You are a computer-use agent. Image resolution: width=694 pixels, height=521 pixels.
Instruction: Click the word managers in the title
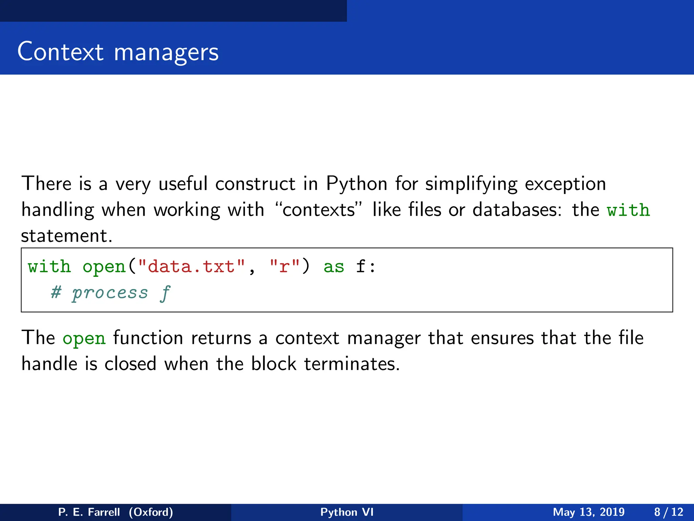click(x=166, y=53)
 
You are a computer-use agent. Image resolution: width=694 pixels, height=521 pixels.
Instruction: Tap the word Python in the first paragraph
click(x=356, y=184)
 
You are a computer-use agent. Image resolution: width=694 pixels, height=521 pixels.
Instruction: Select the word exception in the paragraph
click(x=565, y=184)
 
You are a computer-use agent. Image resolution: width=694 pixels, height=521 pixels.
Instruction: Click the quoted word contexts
click(x=319, y=210)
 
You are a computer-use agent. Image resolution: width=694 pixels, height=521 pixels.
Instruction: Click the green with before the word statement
click(x=628, y=210)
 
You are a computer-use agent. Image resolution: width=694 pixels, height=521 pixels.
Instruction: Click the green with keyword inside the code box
click(x=49, y=266)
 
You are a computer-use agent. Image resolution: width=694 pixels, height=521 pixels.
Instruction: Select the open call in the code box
click(x=104, y=267)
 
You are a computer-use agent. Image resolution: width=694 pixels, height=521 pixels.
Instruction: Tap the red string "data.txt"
click(x=191, y=266)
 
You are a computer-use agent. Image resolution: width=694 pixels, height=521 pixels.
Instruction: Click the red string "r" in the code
click(x=284, y=266)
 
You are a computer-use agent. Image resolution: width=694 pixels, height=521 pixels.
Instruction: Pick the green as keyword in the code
click(x=334, y=267)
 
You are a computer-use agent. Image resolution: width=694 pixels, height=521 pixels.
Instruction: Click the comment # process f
click(x=110, y=292)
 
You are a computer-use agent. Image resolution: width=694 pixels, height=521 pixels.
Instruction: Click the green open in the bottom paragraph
click(x=84, y=339)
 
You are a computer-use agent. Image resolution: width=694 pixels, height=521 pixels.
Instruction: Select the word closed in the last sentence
click(x=130, y=364)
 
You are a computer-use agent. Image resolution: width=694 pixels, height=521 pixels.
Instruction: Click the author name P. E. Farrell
click(x=89, y=512)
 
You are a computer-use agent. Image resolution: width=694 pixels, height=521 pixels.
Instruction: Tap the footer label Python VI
click(x=347, y=512)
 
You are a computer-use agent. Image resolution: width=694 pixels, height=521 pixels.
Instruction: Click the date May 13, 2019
click(x=589, y=512)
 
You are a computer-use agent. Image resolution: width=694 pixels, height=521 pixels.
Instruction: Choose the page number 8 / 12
click(x=669, y=512)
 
